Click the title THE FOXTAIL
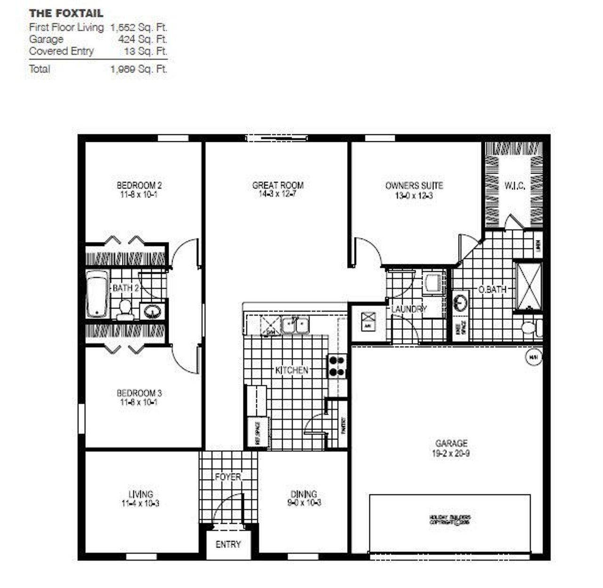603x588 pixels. point(66,13)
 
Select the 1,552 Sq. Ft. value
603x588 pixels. point(139,27)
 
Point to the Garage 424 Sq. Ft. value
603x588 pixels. point(143,39)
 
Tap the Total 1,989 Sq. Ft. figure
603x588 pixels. point(139,69)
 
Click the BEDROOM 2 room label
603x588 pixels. point(139,185)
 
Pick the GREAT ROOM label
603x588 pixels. point(277,185)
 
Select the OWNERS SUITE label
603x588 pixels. point(414,185)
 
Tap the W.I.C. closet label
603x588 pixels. point(515,186)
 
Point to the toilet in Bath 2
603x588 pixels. point(125,309)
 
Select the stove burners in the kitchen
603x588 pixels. point(337,366)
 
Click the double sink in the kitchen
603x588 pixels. point(295,325)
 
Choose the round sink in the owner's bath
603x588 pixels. point(460,302)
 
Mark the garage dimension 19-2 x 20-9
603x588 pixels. point(451,454)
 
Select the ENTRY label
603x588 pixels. point(228,544)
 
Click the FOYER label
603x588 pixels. point(228,477)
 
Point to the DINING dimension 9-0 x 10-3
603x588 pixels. point(303,503)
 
